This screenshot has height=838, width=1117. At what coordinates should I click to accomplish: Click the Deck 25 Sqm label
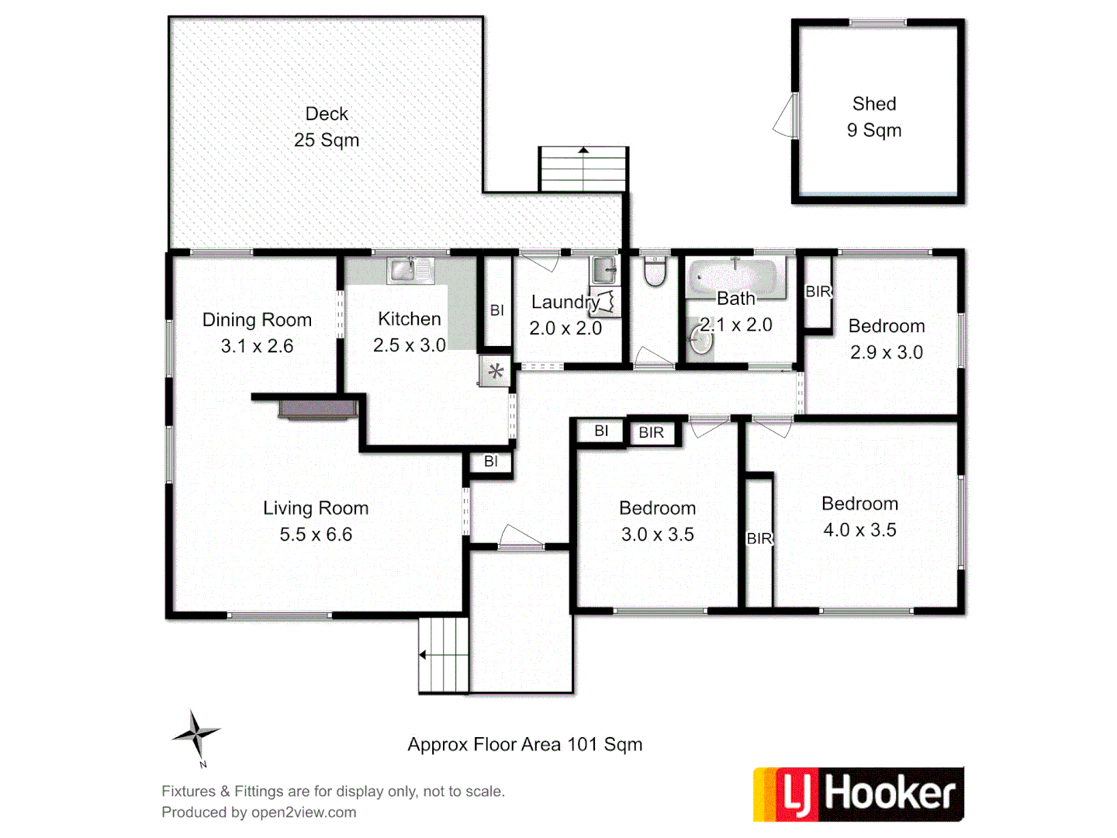(x=327, y=127)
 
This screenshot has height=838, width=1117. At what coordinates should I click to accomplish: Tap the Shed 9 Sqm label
(x=874, y=117)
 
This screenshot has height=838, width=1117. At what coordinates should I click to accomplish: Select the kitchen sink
(x=410, y=270)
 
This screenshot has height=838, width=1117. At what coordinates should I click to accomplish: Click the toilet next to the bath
(x=655, y=272)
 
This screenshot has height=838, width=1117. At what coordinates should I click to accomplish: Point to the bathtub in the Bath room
(x=733, y=275)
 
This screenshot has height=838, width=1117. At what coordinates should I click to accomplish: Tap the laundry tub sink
(x=604, y=270)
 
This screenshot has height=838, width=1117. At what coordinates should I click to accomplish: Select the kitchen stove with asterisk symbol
(x=495, y=371)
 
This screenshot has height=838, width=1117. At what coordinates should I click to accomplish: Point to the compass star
(x=195, y=733)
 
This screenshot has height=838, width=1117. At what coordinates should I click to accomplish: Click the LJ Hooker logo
(x=858, y=794)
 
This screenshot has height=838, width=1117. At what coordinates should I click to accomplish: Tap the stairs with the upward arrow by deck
(x=583, y=168)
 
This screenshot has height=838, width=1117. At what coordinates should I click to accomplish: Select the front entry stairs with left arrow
(x=443, y=655)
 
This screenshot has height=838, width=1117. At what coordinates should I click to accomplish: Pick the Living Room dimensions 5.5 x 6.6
(x=316, y=535)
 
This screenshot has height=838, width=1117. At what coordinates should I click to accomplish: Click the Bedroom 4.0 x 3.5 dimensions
(x=859, y=530)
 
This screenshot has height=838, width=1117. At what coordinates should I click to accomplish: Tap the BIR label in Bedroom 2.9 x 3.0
(x=818, y=292)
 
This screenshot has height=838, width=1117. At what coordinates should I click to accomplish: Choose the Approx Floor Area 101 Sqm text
(x=525, y=745)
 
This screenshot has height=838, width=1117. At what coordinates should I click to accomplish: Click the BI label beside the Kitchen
(x=497, y=310)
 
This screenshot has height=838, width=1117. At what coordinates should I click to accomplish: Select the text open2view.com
(x=303, y=812)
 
